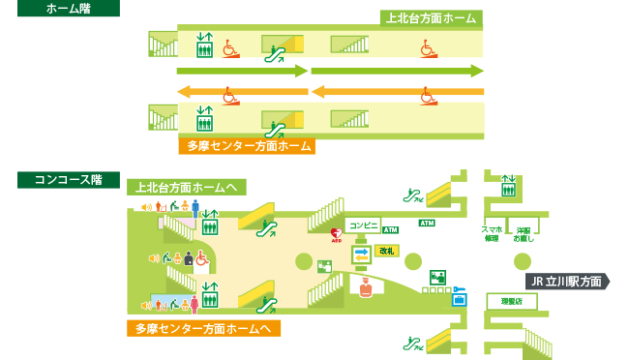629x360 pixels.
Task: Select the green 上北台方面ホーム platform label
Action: coord(432,18)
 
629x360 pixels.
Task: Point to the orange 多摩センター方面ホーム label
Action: coord(248,147)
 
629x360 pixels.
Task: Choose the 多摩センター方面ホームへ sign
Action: coord(203,328)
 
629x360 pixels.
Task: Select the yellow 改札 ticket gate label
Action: coord(388,252)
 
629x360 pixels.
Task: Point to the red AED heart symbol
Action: coord(336,233)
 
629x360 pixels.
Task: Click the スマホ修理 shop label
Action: coord(491,233)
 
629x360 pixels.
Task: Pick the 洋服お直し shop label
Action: coord(524,233)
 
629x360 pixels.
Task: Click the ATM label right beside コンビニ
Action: coord(391,230)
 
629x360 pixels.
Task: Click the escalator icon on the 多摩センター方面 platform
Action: coord(276,125)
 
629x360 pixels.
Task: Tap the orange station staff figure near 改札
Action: coord(365,287)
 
